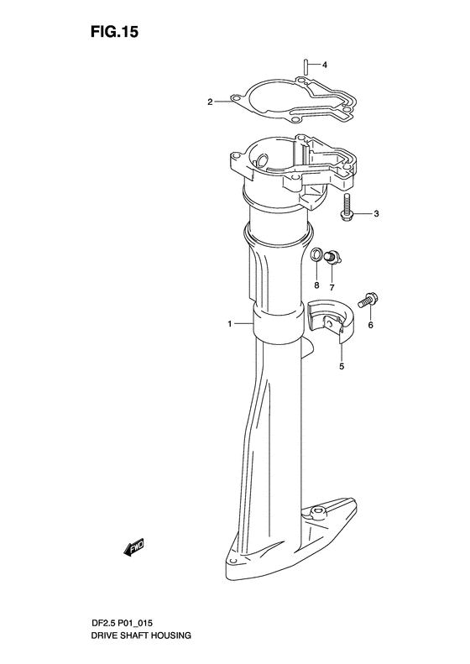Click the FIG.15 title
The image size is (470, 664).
(x=114, y=32)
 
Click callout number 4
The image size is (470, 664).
(x=324, y=65)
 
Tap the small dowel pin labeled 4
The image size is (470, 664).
(x=304, y=66)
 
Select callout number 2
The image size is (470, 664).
(x=210, y=102)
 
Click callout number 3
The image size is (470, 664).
(x=376, y=214)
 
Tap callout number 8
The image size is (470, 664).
(x=316, y=285)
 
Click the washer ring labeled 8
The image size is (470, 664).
(x=316, y=255)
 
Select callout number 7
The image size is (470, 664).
(x=332, y=288)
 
